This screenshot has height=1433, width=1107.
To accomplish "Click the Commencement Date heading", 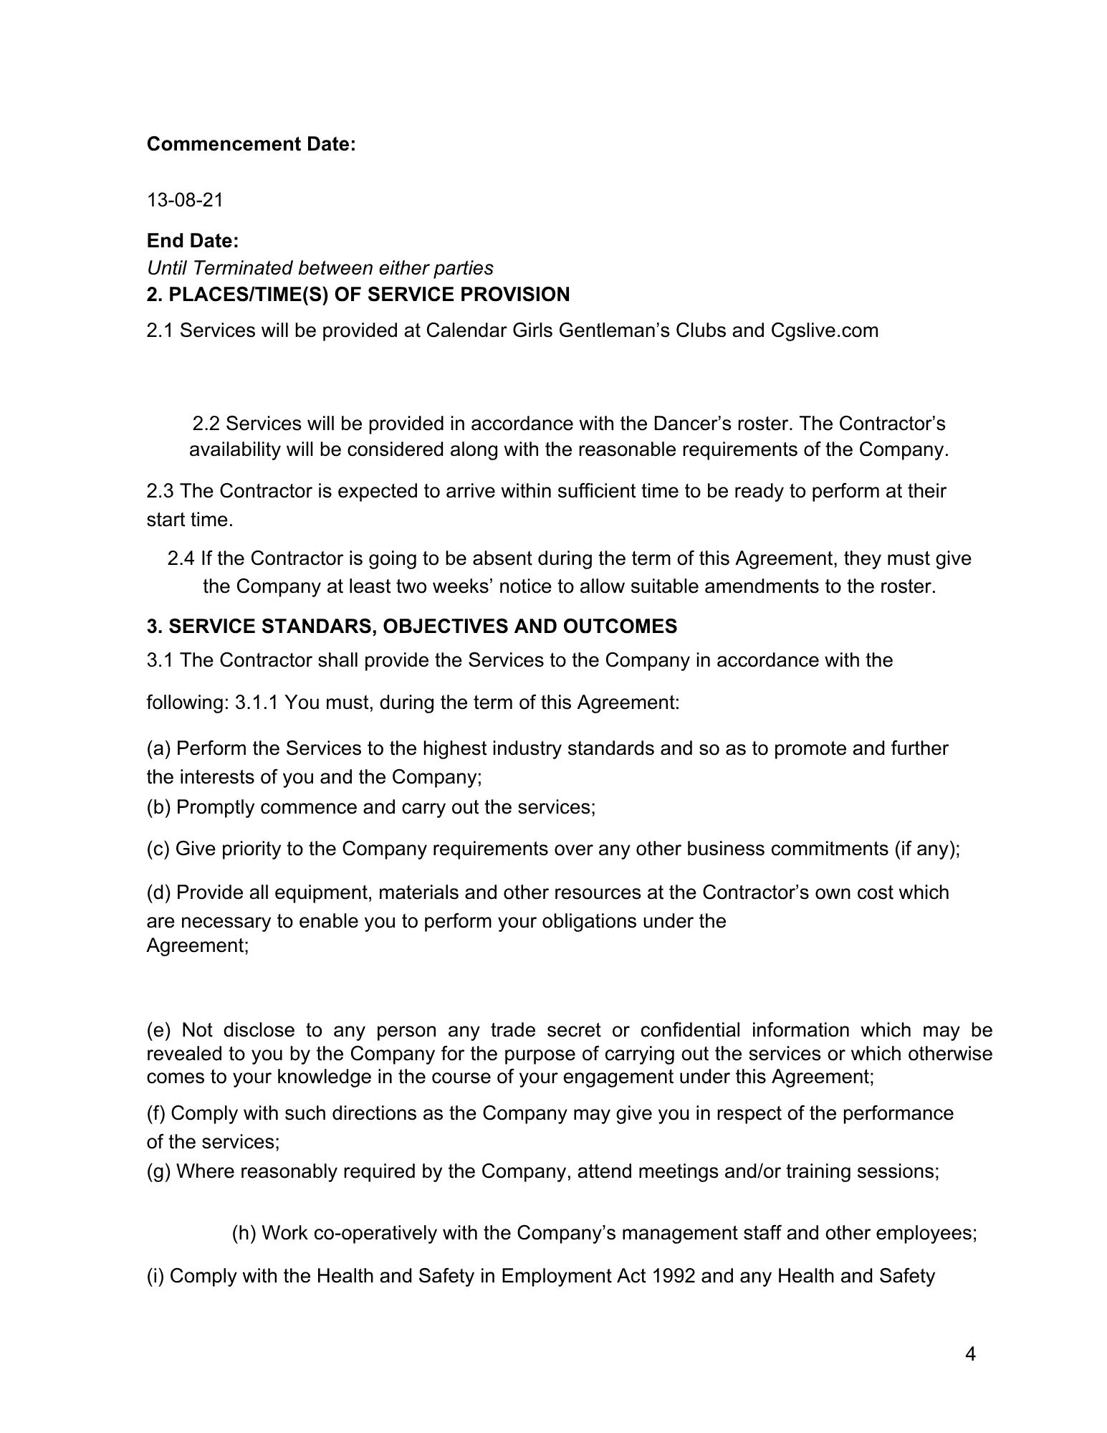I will (251, 144).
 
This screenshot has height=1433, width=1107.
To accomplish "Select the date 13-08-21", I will (185, 200).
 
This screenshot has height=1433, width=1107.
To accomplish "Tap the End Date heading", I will (193, 241).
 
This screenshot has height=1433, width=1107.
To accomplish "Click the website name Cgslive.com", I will (824, 330).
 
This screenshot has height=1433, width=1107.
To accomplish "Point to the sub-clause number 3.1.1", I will (257, 702).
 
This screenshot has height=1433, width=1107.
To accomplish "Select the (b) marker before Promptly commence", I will (158, 807).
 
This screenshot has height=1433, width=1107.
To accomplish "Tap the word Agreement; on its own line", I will (198, 946).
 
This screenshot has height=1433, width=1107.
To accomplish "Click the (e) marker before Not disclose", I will (158, 1031).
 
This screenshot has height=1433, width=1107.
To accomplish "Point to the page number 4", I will (970, 1354).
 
